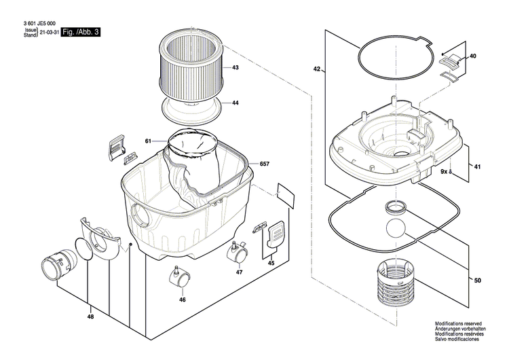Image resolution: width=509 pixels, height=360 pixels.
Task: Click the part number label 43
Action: pyautogui.click(x=235, y=68)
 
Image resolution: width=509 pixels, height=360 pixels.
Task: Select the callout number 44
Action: pyautogui.click(x=235, y=103)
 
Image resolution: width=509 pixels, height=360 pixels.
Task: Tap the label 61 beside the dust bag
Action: pyautogui.click(x=147, y=141)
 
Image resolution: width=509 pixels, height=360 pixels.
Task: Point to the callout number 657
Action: pyautogui.click(x=265, y=165)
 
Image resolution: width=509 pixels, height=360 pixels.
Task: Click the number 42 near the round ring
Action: pyautogui.click(x=317, y=69)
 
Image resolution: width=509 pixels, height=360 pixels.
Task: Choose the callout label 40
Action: pyautogui.click(x=473, y=56)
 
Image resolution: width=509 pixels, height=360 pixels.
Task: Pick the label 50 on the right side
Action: pyautogui.click(x=478, y=281)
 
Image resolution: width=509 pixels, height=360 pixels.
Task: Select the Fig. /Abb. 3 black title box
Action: pyautogui.click(x=80, y=32)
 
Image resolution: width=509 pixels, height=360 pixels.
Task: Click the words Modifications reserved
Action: pyautogui.click(x=459, y=325)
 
